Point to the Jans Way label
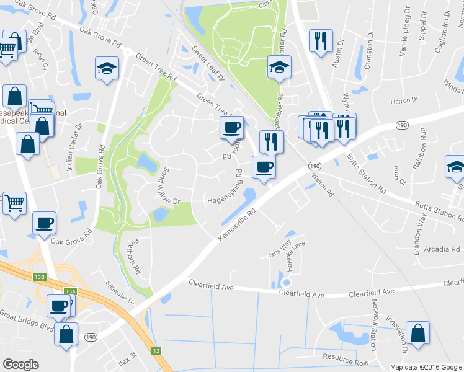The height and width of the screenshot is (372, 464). [280, 253]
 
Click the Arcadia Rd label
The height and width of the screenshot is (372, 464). [442, 249]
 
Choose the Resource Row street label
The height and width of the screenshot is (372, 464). [346, 360]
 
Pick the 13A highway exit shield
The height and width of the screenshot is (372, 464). [70, 291]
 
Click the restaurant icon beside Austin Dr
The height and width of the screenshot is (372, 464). [321, 42]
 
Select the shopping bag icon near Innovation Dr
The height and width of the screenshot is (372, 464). [417, 332]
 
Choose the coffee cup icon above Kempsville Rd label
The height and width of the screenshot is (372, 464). [264, 167]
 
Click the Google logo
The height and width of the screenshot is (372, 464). [20, 365]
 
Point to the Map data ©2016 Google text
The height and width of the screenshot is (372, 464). [426, 367]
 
